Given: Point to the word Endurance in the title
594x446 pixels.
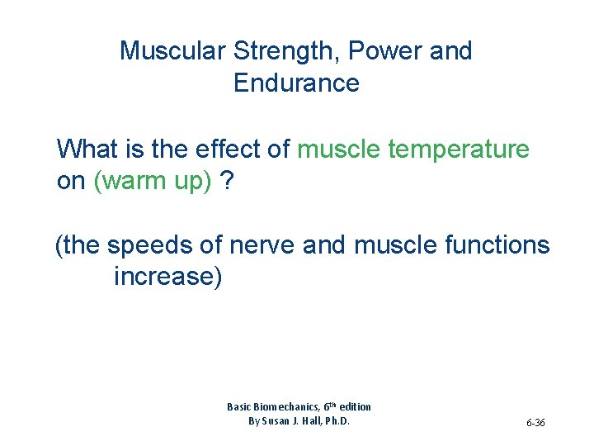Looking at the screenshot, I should pyautogui.click(x=296, y=83).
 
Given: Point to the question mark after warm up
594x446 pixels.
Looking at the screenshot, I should pyautogui.click(x=227, y=182).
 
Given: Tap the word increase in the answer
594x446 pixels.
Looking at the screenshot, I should pyautogui.click(x=167, y=277).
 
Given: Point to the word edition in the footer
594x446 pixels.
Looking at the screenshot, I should pyautogui.click(x=353, y=406).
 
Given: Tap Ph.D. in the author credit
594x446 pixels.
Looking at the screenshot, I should pyautogui.click(x=333, y=421).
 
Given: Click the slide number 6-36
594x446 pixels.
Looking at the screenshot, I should pyautogui.click(x=535, y=423).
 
